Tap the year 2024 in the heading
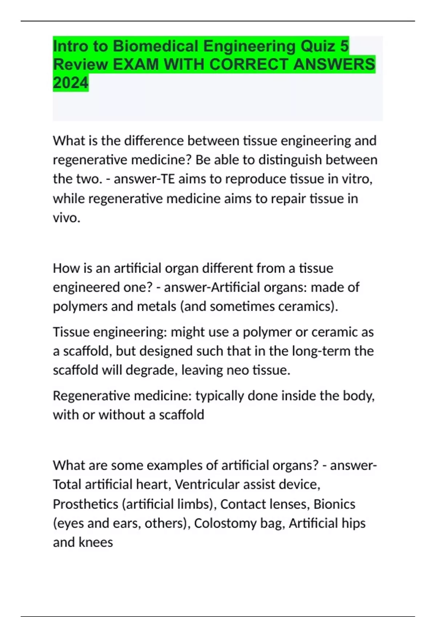click(70, 83)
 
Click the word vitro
click(357, 179)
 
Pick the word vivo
click(66, 218)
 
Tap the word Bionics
click(334, 504)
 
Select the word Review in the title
click(80, 65)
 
